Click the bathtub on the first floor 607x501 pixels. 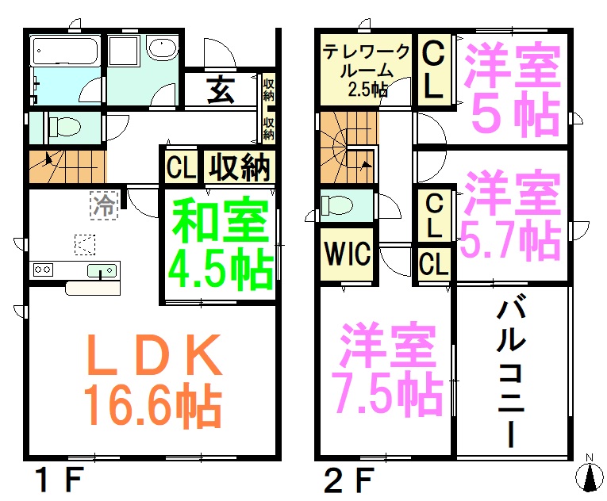click(x=65, y=51)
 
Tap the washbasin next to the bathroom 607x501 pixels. click(x=162, y=48)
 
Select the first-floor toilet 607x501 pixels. click(x=64, y=127)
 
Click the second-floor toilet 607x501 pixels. click(x=337, y=205)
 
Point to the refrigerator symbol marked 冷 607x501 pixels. click(x=104, y=205)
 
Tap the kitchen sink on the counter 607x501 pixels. click(x=102, y=270)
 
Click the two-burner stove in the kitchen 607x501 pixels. click(x=43, y=270)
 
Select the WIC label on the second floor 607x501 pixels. click(x=347, y=254)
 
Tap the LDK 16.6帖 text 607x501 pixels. click(x=154, y=381)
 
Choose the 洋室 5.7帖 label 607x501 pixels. click(x=511, y=215)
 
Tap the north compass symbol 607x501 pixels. click(x=590, y=474)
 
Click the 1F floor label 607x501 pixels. click(x=59, y=480)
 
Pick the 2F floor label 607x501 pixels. click(x=349, y=480)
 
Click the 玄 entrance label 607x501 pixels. click(x=221, y=90)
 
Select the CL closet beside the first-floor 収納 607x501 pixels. click(x=181, y=167)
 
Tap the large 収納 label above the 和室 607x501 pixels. click(x=239, y=166)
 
